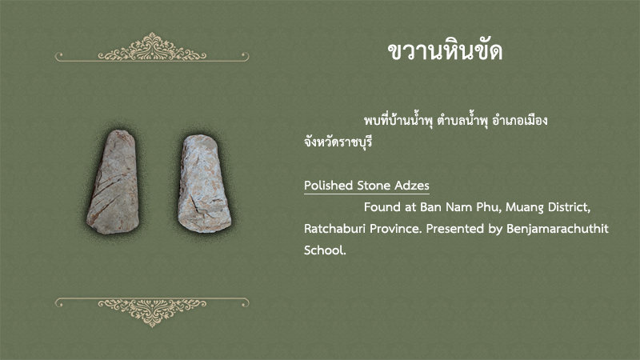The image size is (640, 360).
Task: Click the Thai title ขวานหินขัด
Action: [445, 51]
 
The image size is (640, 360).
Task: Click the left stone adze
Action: [113, 182]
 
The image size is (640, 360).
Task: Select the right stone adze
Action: [204, 184]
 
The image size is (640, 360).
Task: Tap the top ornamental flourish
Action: [152, 48]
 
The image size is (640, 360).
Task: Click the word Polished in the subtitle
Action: [328, 186]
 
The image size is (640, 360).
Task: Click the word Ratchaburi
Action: [334, 229]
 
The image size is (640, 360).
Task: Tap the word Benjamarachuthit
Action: [557, 229]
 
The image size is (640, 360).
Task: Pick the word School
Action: [325, 250]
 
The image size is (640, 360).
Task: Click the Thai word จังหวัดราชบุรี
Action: [338, 142]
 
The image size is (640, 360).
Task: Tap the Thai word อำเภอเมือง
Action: [519, 121]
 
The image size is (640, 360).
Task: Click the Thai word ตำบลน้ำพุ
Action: [462, 121]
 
